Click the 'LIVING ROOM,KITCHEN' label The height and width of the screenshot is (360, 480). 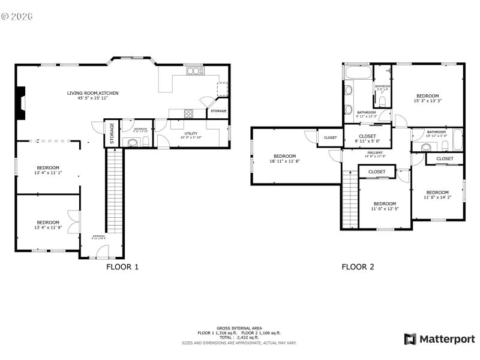click(x=92, y=93)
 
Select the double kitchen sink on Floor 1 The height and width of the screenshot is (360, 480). click(x=195, y=71)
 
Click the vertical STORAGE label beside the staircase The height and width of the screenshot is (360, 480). click(x=111, y=133)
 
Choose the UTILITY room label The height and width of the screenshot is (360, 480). click(x=191, y=134)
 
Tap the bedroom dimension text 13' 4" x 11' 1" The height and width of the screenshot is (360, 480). click(x=49, y=173)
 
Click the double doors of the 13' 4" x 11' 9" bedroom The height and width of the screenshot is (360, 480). click(x=73, y=223)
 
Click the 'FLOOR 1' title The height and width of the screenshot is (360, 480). click(x=122, y=267)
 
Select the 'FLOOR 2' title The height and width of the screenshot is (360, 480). click(x=358, y=267)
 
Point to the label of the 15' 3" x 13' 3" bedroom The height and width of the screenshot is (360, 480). click(x=428, y=96)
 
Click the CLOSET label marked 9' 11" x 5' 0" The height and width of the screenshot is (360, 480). click(x=367, y=136)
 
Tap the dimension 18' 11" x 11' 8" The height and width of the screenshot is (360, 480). click(x=285, y=161)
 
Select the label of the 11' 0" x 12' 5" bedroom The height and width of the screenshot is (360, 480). click(x=385, y=203)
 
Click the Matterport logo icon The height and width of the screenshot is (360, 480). click(x=410, y=339)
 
